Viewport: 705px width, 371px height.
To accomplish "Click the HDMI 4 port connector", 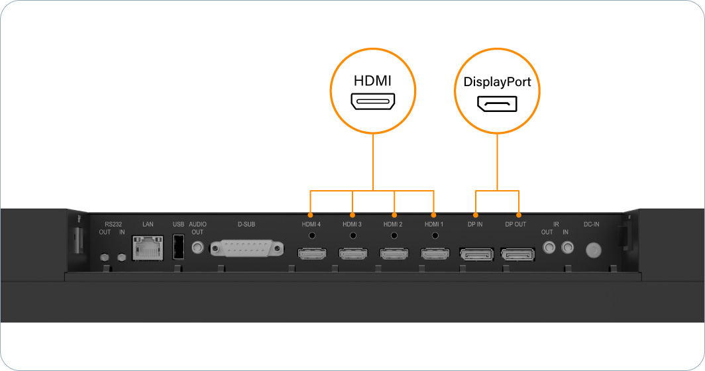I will click(311, 253).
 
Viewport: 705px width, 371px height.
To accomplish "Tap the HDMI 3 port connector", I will click(352, 253).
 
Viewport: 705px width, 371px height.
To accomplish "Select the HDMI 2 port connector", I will click(394, 253).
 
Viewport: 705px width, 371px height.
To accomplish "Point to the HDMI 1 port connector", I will click(435, 253).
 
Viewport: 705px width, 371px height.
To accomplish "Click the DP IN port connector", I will click(476, 253).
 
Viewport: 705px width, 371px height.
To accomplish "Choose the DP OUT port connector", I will click(517, 253).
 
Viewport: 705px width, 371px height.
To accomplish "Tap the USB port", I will click(178, 248).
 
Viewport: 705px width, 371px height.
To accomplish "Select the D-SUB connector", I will click(246, 249).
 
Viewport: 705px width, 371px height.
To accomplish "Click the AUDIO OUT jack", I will click(197, 248).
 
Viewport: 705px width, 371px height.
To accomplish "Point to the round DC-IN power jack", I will click(594, 250).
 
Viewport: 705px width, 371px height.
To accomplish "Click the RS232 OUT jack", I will click(105, 257).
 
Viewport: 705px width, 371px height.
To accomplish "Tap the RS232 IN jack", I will click(121, 257).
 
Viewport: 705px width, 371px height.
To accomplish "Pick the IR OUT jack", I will click(549, 248).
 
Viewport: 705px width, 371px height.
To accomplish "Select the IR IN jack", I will click(567, 248).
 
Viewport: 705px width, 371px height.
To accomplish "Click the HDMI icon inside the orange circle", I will click(373, 101).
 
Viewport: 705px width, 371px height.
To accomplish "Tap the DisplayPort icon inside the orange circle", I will click(497, 105).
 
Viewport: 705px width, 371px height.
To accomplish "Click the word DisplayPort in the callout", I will click(497, 83).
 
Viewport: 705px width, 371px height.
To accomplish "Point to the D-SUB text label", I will click(246, 225).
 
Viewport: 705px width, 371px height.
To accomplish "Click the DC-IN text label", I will click(592, 225).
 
